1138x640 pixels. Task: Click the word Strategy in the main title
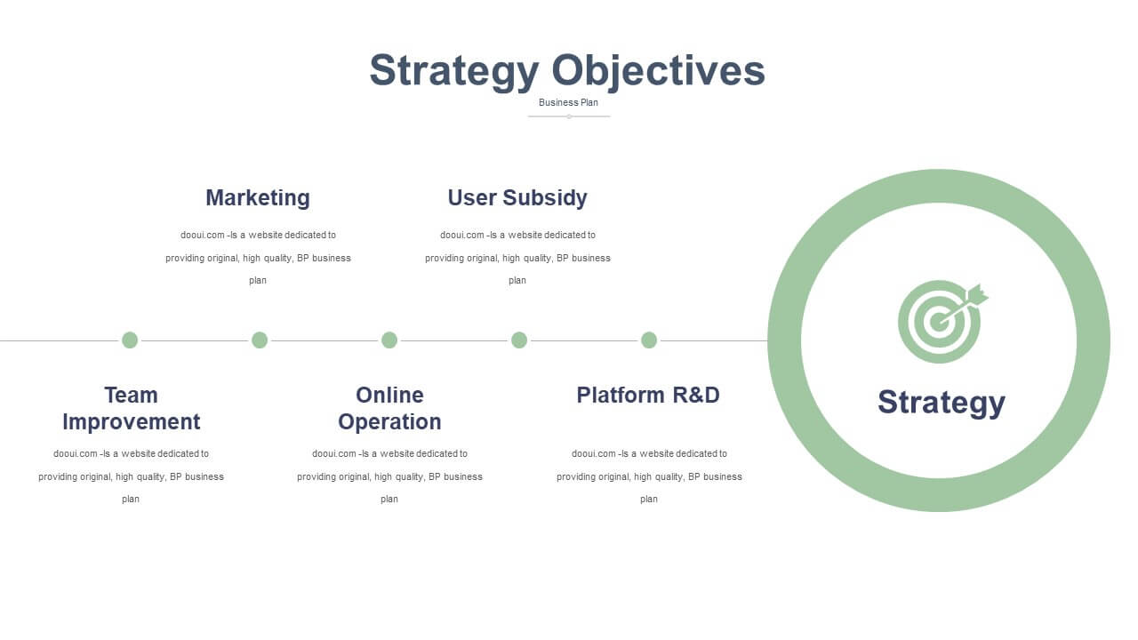pyautogui.click(x=453, y=72)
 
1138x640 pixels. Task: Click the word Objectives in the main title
pyautogui.click(x=659, y=72)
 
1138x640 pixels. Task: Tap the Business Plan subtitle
pyautogui.click(x=568, y=102)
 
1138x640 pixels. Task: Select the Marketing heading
pyautogui.click(x=258, y=197)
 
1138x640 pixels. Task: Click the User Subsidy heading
pyautogui.click(x=517, y=197)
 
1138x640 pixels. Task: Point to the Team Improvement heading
pyautogui.click(x=131, y=408)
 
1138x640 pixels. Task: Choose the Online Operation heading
pyautogui.click(x=389, y=408)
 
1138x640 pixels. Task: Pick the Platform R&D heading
pyautogui.click(x=648, y=396)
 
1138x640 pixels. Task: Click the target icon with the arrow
pyautogui.click(x=942, y=322)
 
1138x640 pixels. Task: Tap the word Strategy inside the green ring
pyautogui.click(x=942, y=403)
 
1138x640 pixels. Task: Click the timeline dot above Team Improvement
pyautogui.click(x=130, y=340)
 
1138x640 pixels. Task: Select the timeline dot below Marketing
pyautogui.click(x=260, y=340)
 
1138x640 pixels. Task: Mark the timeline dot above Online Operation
pyautogui.click(x=389, y=340)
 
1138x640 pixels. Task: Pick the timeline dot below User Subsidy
pyautogui.click(x=519, y=340)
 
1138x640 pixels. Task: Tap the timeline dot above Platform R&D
pyautogui.click(x=649, y=340)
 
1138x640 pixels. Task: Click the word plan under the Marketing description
pyautogui.click(x=258, y=280)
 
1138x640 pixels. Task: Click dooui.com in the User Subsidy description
pyautogui.click(x=461, y=236)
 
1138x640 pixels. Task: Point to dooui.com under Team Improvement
pyautogui.click(x=76, y=453)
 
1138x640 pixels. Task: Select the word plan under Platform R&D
pyautogui.click(x=649, y=500)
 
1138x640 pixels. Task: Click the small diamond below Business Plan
pyautogui.click(x=569, y=116)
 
